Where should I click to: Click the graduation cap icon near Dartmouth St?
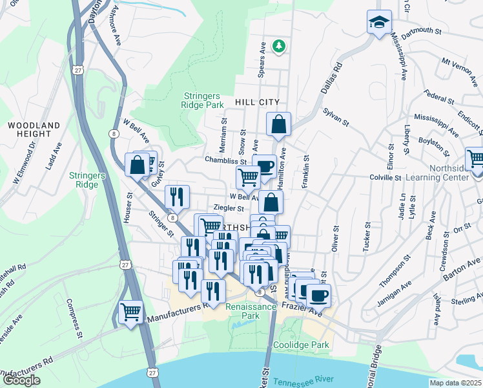(377, 22)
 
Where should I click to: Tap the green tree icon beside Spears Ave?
(278, 46)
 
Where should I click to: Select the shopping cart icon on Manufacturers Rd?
(131, 312)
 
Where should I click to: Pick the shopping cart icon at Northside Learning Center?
(475, 159)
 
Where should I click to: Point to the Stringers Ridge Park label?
(202, 100)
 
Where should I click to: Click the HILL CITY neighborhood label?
(257, 102)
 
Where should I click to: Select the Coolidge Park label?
(301, 345)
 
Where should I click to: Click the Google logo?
(21, 380)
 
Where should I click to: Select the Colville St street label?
(386, 177)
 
